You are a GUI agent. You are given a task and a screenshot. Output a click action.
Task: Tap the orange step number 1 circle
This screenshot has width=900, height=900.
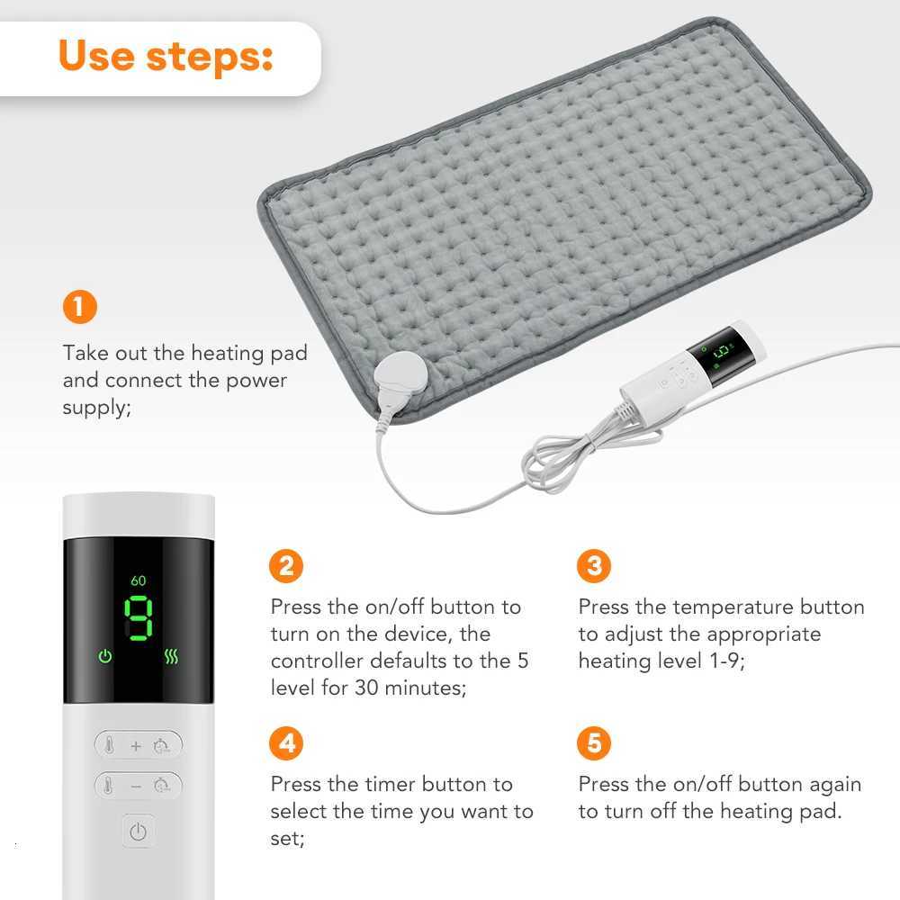[79, 307]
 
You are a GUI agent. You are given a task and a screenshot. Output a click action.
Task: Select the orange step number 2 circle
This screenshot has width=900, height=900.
[286, 566]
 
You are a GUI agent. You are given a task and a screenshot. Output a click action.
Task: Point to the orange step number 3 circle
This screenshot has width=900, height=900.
[593, 566]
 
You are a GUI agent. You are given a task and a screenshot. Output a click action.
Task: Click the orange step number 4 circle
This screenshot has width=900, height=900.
[286, 743]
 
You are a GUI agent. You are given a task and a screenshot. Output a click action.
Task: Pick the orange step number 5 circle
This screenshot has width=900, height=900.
[593, 743]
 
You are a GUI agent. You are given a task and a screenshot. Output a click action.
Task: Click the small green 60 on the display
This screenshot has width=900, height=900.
[138, 580]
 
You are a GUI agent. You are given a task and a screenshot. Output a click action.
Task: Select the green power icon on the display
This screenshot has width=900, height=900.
[105, 656]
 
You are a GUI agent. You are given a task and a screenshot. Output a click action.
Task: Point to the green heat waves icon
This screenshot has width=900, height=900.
[171, 656]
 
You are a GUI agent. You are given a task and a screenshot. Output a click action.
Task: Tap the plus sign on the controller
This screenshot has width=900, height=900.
[137, 745]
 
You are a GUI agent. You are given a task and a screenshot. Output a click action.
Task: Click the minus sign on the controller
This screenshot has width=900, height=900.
[137, 786]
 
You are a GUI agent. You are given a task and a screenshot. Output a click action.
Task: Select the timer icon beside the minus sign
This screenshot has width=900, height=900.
[162, 786]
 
